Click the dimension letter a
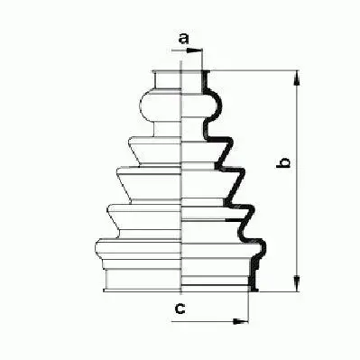coord(183,38)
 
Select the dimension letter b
coord(282,163)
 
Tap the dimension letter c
coord(180,310)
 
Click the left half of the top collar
coord(169,79)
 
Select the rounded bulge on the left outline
coord(145,107)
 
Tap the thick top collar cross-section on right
coord(207,79)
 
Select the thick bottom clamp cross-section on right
coord(255,280)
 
